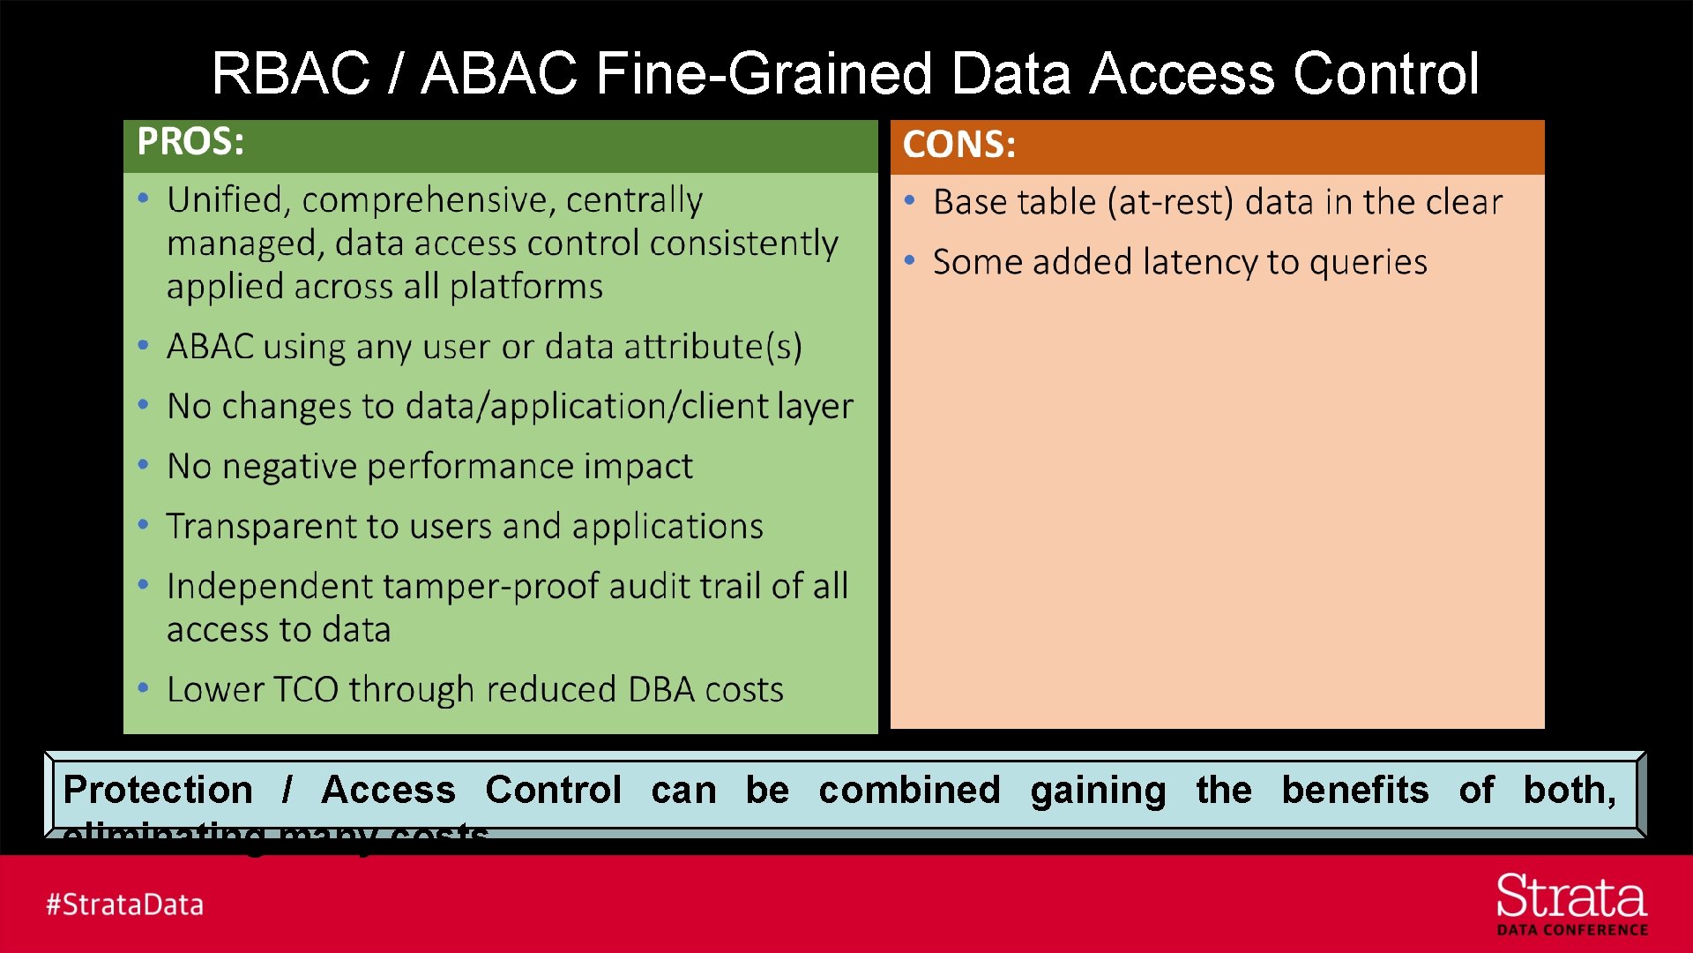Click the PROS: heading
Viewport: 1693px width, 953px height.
[190, 142]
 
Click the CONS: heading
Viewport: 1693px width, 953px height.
[958, 145]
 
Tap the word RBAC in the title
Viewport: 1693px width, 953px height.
[290, 73]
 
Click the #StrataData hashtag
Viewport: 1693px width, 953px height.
[125, 904]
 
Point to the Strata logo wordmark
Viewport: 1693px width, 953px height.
[1570, 897]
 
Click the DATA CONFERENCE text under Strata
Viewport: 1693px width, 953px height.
[1571, 930]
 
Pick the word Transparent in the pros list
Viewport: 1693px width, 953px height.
[260, 527]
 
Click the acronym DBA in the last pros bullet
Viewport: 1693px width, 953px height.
[661, 690]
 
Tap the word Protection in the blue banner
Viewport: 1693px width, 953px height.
[158, 790]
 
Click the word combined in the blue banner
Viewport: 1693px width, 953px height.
[909, 790]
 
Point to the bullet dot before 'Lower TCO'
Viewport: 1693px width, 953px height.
[143, 688]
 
